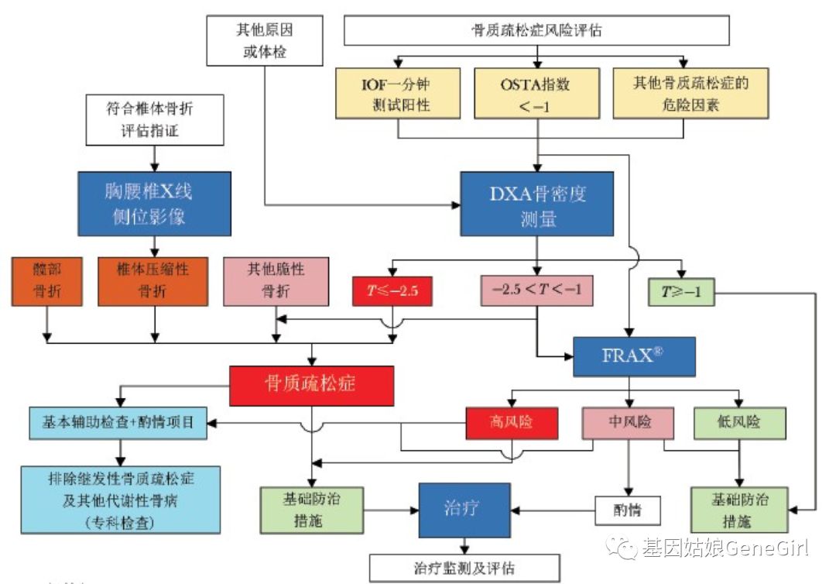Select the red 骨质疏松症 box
point(312,384)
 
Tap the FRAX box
point(633,357)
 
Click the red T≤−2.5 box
point(392,292)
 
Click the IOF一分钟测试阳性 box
point(398,93)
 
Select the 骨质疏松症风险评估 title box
point(536,31)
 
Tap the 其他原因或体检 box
point(265,41)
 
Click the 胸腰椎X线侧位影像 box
point(154,204)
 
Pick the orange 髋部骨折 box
point(47,280)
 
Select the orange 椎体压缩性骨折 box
point(155,280)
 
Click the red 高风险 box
point(512,422)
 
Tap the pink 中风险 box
point(627,422)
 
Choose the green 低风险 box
point(739,422)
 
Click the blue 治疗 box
point(464,510)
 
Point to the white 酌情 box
point(629,510)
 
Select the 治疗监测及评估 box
point(464,568)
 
